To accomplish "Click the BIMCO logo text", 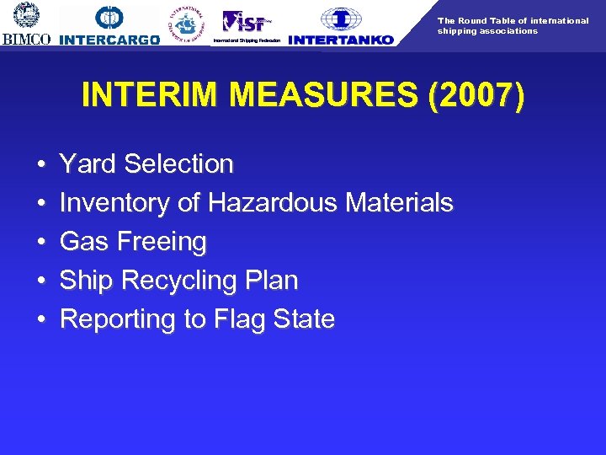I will tap(27, 39).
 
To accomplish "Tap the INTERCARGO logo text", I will tap(110, 40).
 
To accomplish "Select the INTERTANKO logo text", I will tap(340, 40).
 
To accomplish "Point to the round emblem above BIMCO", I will tap(27, 15).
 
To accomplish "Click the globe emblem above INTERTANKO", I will tap(341, 19).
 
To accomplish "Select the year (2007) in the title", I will tap(476, 95).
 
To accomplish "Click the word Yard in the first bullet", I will tap(88, 164).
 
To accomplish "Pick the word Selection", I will tap(178, 164).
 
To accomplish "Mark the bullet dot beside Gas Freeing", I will tap(41, 243).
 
